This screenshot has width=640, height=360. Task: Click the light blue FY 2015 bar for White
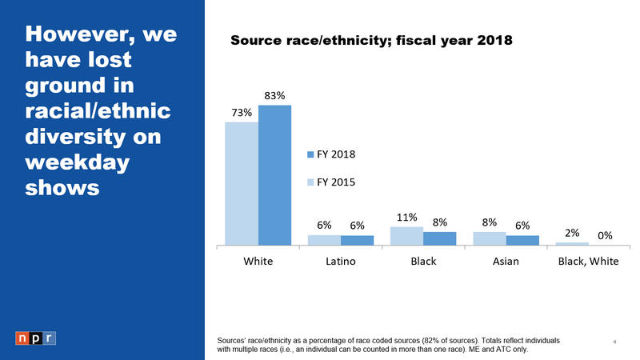(x=241, y=183)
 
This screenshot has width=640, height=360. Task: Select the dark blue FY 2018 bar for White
(x=274, y=175)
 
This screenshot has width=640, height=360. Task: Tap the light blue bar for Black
(x=406, y=235)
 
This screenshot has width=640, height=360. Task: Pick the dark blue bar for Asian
(x=522, y=240)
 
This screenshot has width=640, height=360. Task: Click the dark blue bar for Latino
(x=357, y=240)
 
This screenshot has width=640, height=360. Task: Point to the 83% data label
(x=275, y=95)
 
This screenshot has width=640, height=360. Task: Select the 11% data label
(x=406, y=216)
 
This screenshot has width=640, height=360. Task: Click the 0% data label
(x=605, y=235)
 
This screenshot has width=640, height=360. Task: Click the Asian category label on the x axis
(x=506, y=261)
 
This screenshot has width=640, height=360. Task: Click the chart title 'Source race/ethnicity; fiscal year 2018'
(x=370, y=39)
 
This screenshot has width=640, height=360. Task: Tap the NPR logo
(x=35, y=337)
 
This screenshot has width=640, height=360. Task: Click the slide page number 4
(x=614, y=342)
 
